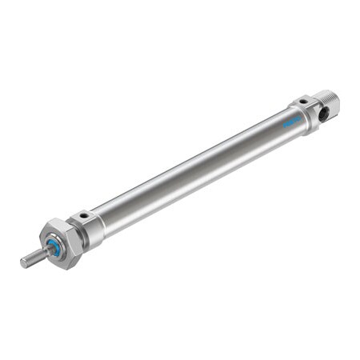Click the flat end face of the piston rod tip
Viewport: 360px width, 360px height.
pos(23,263)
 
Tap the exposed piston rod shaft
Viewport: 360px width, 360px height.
pos(33,258)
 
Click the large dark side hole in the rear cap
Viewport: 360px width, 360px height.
pos(323,114)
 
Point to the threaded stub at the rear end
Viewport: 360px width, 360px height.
pos(330,102)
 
